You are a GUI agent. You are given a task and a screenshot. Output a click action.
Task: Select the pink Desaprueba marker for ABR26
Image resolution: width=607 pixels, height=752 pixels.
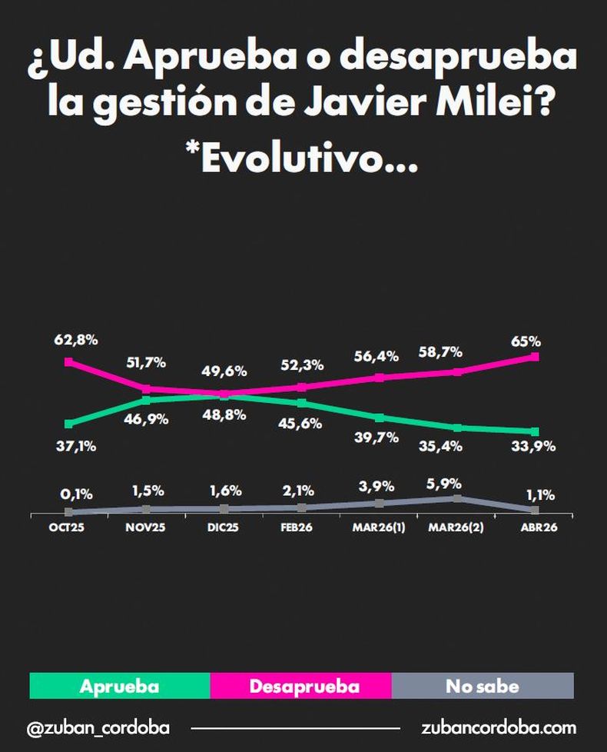pyautogui.click(x=535, y=357)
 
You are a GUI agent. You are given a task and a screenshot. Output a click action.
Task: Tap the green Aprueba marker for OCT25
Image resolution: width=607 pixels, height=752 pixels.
pyautogui.click(x=69, y=424)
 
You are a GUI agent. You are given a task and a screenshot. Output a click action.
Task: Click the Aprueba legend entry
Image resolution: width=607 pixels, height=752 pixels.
pyautogui.click(x=119, y=686)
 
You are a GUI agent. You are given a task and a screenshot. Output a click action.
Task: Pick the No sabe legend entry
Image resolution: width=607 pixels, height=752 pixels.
pyautogui.click(x=483, y=686)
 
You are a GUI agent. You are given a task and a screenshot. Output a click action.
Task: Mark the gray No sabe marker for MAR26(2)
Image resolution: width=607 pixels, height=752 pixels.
pyautogui.click(x=457, y=498)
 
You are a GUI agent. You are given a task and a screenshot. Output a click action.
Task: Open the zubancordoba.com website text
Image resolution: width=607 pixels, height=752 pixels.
pyautogui.click(x=498, y=727)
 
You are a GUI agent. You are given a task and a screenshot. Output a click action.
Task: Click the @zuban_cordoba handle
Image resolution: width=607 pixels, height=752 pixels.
pyautogui.click(x=98, y=727)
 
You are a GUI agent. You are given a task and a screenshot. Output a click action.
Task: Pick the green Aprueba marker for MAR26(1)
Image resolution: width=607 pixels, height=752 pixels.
pyautogui.click(x=380, y=418)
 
